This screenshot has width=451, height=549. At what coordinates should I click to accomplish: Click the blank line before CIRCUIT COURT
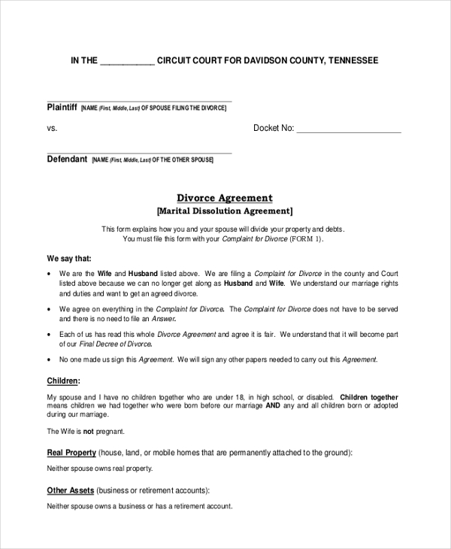click(x=127, y=61)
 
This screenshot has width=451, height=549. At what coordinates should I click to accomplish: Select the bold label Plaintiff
click(x=62, y=108)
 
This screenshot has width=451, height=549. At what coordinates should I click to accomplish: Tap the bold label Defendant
click(x=67, y=159)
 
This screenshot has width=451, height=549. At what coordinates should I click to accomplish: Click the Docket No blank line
click(x=349, y=129)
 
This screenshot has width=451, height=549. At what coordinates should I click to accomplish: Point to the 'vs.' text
click(x=53, y=129)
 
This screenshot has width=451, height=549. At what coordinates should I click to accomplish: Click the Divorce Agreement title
click(x=225, y=198)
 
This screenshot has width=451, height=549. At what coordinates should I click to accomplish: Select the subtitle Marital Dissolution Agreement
click(x=225, y=211)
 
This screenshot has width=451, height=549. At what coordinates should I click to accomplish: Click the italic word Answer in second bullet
click(x=164, y=319)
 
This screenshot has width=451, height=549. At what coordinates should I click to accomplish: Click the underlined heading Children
click(x=63, y=381)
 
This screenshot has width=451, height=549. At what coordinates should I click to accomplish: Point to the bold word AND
click(x=273, y=405)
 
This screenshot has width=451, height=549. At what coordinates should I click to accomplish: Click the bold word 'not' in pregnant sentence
click(x=88, y=432)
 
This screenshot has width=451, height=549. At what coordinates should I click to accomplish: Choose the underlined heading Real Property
click(x=71, y=453)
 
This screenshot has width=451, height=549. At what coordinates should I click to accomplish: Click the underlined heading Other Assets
click(x=71, y=490)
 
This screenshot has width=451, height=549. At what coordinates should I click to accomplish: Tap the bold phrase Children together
click(x=369, y=396)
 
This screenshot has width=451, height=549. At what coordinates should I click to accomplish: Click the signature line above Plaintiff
click(x=139, y=101)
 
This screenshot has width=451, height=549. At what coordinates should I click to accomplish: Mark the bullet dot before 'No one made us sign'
click(x=50, y=360)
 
